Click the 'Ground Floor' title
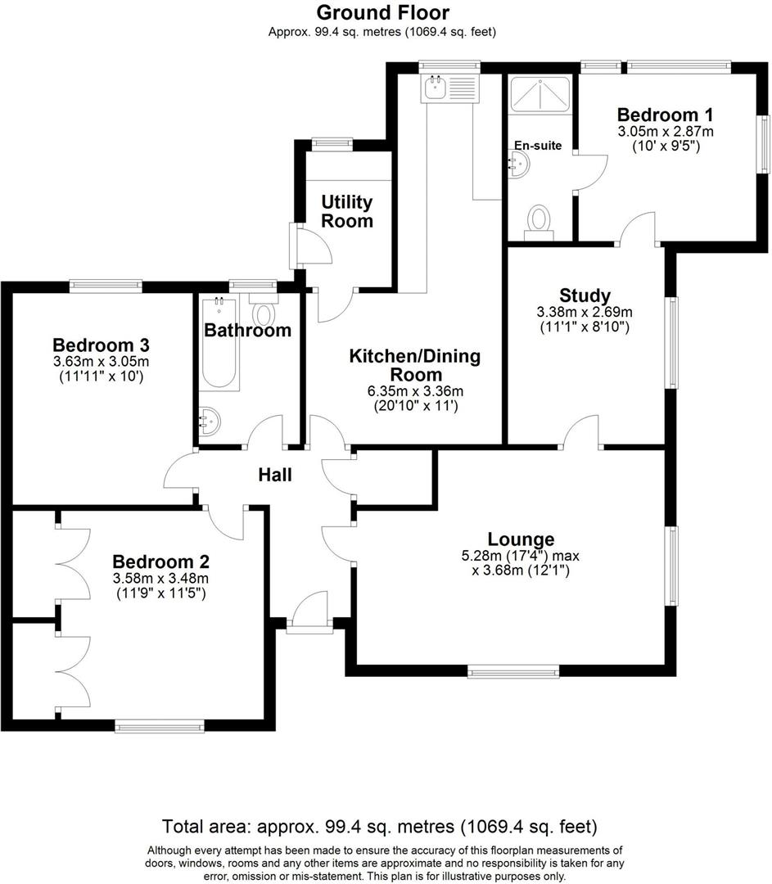tap(383, 12)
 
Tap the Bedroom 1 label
tap(665, 115)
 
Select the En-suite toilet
tap(539, 223)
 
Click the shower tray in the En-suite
tap(539, 94)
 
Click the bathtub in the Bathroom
tap(219, 343)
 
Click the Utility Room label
tap(347, 211)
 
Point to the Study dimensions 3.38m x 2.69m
tap(585, 312)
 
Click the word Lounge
tap(521, 539)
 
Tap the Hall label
tap(275, 475)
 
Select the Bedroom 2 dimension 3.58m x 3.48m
tap(160, 578)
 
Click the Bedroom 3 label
tap(101, 345)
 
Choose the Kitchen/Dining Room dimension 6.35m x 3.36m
tap(416, 391)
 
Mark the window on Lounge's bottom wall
tap(513, 670)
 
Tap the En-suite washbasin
tap(520, 164)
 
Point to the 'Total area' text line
tap(380, 827)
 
